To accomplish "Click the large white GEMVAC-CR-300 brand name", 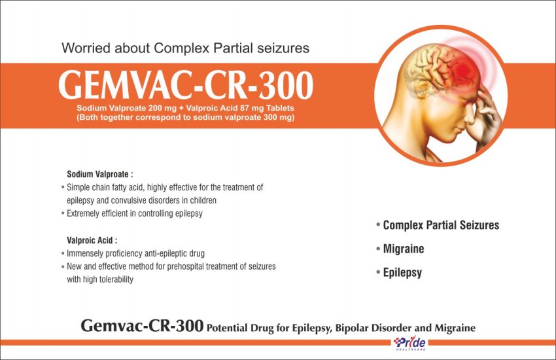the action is click(186, 85).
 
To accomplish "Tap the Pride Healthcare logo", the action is click(409, 344).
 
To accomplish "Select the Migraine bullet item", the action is click(404, 249).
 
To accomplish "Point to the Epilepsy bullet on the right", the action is click(402, 273).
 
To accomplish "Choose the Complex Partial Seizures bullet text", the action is click(441, 225).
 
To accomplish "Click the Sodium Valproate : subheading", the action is click(100, 174).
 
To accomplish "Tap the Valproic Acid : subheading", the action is click(92, 240).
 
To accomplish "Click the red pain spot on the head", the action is click(462, 70).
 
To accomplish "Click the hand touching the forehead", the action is click(486, 113).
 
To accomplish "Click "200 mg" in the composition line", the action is click(162, 108).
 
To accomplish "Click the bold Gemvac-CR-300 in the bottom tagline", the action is click(142, 326).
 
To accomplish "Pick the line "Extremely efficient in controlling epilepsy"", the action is click(134, 213).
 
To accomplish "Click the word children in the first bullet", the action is click(203, 200).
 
